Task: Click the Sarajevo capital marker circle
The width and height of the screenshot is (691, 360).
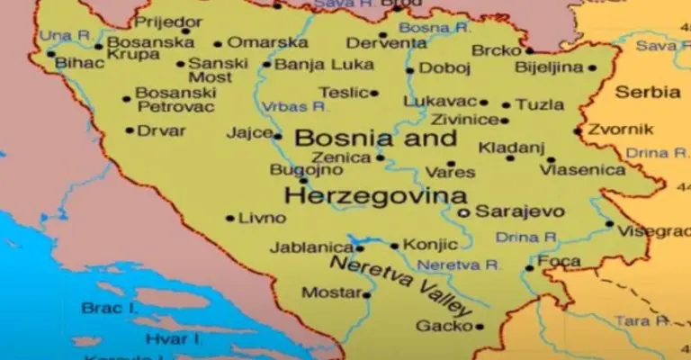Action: click(463, 212)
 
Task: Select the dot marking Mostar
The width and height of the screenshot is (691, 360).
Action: click(366, 294)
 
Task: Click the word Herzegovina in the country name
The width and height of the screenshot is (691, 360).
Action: click(375, 195)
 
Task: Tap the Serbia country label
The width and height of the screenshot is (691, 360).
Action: click(648, 92)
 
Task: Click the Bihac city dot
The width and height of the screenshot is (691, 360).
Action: click(51, 54)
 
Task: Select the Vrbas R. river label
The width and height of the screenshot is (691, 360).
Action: click(293, 106)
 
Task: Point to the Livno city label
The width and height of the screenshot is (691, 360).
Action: click(262, 218)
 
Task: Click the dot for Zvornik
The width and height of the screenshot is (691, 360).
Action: click(578, 131)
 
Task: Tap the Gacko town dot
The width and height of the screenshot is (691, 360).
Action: click(480, 327)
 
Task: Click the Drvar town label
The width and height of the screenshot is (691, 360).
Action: click(161, 130)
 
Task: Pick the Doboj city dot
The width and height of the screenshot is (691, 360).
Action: click(409, 70)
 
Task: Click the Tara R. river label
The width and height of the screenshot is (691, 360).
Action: click(641, 320)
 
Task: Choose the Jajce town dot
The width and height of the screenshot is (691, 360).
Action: click(277, 137)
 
